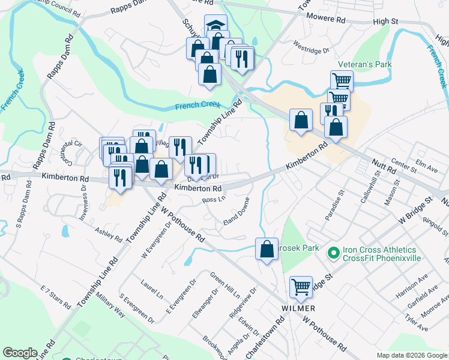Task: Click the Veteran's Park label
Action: [364, 64]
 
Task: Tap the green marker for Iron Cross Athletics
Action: [334, 254]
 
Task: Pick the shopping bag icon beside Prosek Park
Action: [266, 249]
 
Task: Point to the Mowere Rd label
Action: [326, 20]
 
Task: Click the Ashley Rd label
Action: [109, 234]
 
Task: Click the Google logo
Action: [20, 353]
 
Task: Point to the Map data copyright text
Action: [411, 355]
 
